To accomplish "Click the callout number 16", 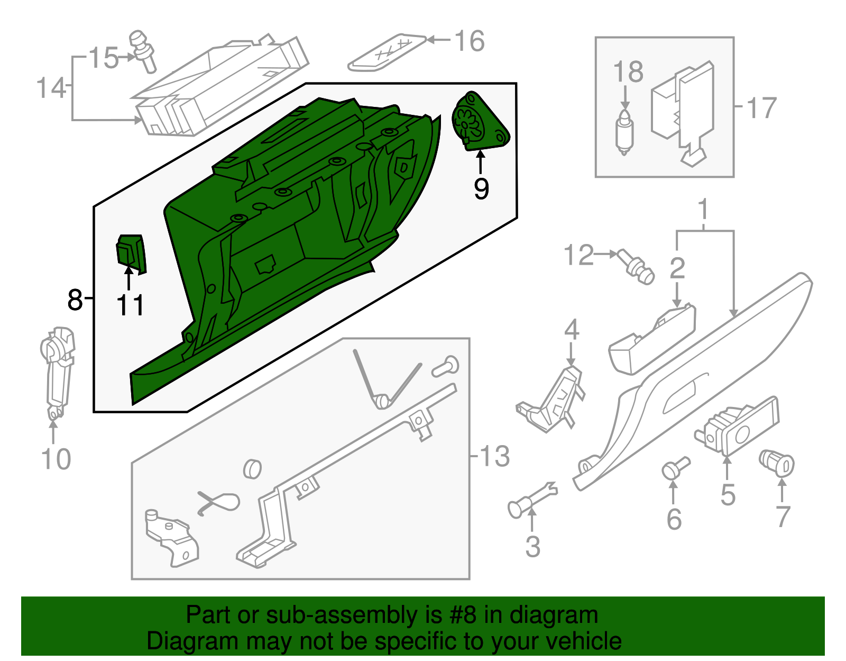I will point(470,41).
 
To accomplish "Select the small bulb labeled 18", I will point(624,132).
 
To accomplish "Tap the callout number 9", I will point(481,188).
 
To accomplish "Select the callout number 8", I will point(75,300).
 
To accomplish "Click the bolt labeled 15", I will point(143,52).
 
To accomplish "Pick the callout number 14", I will point(51,88).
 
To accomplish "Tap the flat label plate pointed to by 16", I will point(387,53).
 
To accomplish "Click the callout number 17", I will point(761,108).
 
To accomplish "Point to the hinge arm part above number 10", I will point(57,370).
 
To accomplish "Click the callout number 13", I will point(494,456).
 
